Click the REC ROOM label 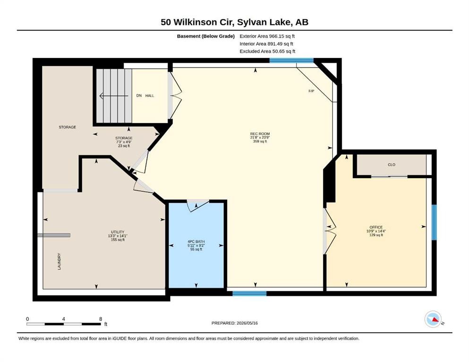tap(260, 134)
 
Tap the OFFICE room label tap(376, 227)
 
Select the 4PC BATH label tap(196, 241)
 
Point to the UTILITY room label tap(118, 232)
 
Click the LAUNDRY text tap(59, 262)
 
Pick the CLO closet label tap(392, 165)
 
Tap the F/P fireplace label tap(311, 90)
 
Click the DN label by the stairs tap(139, 96)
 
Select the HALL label tap(150, 96)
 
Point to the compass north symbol tap(434, 319)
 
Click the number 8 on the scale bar tap(101, 319)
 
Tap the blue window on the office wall tap(434, 222)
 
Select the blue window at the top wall tap(291, 60)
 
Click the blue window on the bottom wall tap(249, 293)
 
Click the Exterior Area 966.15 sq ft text tap(267, 36)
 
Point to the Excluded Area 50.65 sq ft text tap(267, 51)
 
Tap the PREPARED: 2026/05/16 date tap(234, 323)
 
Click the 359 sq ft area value tap(260, 141)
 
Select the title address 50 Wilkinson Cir tap(197, 22)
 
